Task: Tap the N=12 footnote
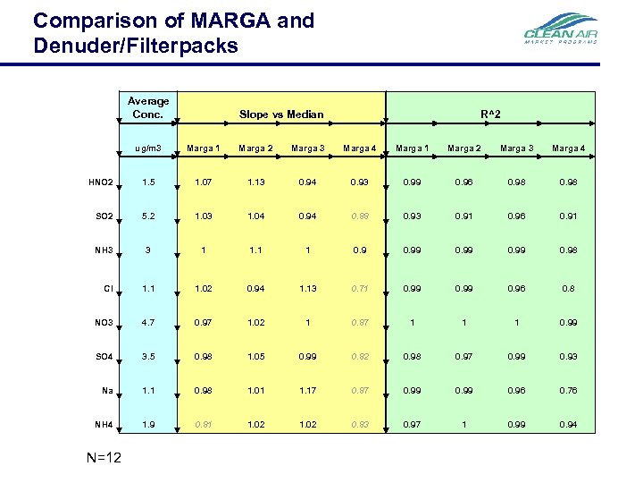[x=104, y=458]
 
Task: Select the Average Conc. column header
[x=148, y=106]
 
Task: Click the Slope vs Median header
[x=281, y=114]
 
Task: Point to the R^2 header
[x=490, y=114]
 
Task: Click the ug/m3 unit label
[x=148, y=148]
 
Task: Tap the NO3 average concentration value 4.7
[x=148, y=322]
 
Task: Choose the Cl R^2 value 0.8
[x=568, y=287]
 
